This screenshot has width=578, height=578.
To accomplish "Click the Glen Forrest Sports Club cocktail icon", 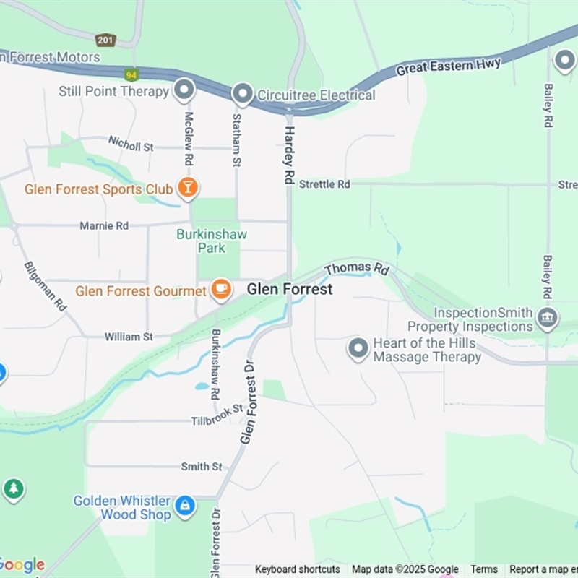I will (x=188, y=188).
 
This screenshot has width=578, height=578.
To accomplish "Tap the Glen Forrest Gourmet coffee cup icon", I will (x=221, y=290).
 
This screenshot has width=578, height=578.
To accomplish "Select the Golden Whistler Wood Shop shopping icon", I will (x=185, y=506).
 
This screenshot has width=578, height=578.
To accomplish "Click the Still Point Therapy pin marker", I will (x=185, y=90).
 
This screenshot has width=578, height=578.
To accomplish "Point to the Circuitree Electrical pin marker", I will (x=242, y=94).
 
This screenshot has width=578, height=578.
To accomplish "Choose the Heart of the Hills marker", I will (x=358, y=348).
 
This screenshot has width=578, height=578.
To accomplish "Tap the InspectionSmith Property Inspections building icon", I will (x=547, y=318).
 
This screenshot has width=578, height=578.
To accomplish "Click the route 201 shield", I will (x=105, y=40).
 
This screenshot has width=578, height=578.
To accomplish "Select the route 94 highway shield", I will (x=131, y=74).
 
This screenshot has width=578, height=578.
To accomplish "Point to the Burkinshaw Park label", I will (x=212, y=241).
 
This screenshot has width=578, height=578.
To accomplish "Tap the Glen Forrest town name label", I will (x=290, y=289).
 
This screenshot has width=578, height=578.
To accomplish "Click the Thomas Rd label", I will (x=357, y=269).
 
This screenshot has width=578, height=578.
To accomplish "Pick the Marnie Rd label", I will (x=104, y=225).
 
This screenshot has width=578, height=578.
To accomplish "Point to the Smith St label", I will (x=202, y=467).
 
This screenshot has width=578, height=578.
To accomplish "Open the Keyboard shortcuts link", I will (x=297, y=569).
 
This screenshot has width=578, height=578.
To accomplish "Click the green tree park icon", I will (x=13, y=489).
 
